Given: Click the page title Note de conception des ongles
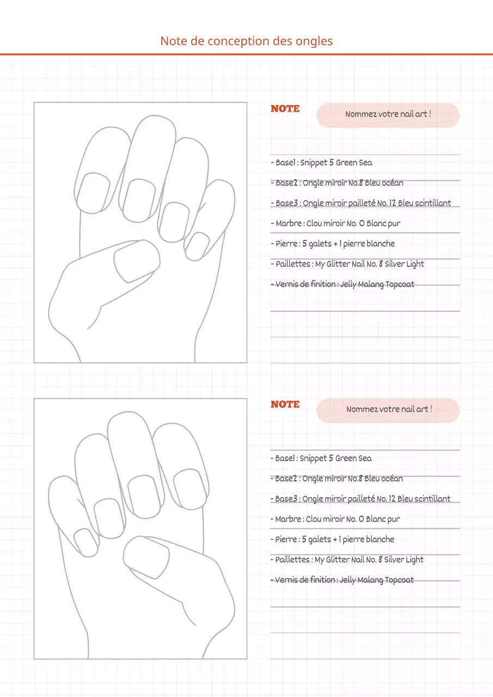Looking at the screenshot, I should (x=246, y=41).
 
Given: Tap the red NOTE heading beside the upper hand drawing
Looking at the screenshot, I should (x=285, y=109).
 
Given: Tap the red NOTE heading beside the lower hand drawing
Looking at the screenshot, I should (x=285, y=405).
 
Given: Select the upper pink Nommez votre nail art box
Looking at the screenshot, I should (x=388, y=115).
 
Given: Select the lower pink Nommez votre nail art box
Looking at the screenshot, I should (x=388, y=410).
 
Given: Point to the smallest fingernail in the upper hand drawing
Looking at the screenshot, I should (x=197, y=246).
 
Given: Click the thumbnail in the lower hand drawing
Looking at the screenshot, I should (x=146, y=557).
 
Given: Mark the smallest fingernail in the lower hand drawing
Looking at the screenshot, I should (x=86, y=542).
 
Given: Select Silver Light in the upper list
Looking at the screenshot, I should (x=404, y=264).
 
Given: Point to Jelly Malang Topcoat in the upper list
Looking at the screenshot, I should (x=377, y=284).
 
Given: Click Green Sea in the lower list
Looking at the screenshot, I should (x=353, y=458).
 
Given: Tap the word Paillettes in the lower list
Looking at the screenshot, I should (x=292, y=560).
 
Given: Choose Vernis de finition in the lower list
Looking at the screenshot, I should (x=303, y=580).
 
